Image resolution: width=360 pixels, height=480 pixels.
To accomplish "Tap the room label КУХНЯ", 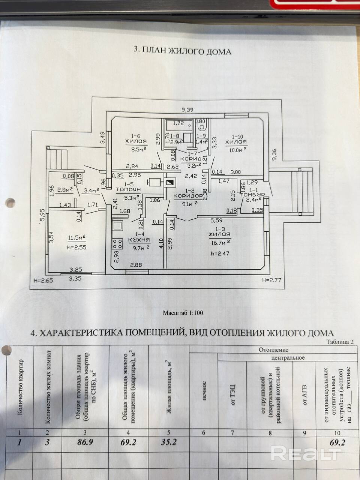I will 139,240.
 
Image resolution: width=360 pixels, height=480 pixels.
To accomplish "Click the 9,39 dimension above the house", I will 187,110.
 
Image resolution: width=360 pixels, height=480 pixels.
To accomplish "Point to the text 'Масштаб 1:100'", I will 183,313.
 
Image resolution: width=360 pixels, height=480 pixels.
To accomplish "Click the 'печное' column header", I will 204,390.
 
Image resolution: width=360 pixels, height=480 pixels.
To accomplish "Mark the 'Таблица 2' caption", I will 340,342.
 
